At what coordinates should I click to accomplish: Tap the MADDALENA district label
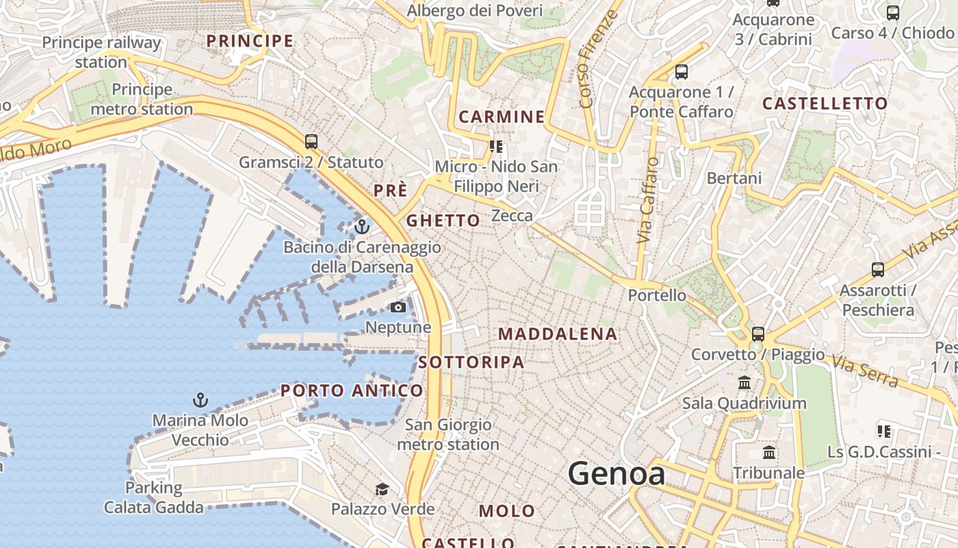[x=558, y=334]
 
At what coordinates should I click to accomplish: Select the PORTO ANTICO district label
[x=352, y=391]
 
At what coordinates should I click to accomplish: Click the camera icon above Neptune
[x=398, y=308]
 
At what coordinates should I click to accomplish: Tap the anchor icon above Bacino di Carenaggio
[x=361, y=226]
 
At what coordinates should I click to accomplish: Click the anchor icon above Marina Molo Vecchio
[x=200, y=399]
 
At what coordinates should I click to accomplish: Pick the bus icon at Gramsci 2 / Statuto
[x=311, y=142]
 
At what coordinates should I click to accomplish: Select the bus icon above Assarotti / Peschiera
[x=878, y=270]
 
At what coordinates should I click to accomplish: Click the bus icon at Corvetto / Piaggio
[x=758, y=334]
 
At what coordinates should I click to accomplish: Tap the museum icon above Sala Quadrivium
[x=745, y=382]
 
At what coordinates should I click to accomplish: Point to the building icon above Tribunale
[x=769, y=453]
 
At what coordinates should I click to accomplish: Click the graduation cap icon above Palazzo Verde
[x=382, y=489]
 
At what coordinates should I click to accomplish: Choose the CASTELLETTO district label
[x=825, y=104]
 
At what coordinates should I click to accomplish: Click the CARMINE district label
[x=502, y=117]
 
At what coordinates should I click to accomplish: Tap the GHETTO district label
[x=443, y=221]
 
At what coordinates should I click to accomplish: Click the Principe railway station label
[x=101, y=52]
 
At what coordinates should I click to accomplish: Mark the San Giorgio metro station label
[x=448, y=434]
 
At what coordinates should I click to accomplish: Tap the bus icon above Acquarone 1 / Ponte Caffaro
[x=681, y=72]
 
